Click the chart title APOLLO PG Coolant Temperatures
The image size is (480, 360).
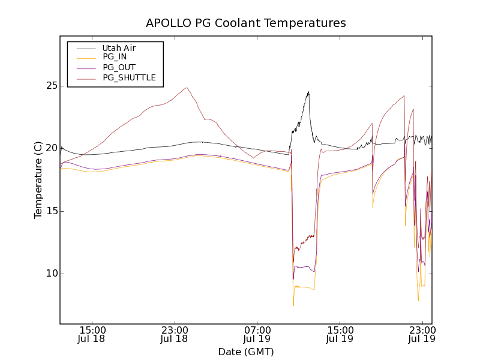246,23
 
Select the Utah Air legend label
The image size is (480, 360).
119,48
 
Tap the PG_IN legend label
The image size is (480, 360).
115,57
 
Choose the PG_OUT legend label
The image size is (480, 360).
119,67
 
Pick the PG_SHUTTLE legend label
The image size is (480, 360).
129,77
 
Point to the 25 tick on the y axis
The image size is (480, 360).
50,86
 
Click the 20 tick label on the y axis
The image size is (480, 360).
50,148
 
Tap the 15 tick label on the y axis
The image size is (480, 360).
50,211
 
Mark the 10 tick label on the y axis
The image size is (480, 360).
50,274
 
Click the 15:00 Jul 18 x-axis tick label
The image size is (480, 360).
92,334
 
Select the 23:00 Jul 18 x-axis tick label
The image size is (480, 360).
175,334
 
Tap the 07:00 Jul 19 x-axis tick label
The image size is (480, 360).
257,334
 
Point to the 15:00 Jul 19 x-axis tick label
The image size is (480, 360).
340,334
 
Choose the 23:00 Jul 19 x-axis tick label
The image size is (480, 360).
422,334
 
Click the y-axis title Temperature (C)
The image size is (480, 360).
38,180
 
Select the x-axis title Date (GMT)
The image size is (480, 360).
246,352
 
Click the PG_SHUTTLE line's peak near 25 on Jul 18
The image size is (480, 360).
187,88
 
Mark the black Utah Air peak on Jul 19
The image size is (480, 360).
308,92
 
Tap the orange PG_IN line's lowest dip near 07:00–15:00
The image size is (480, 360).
293,305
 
